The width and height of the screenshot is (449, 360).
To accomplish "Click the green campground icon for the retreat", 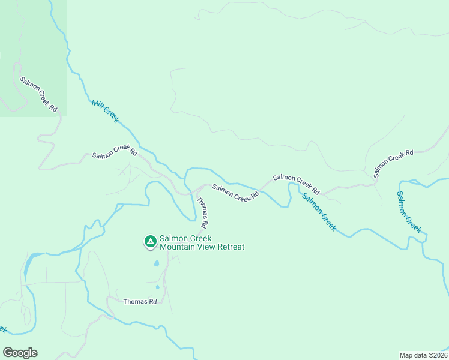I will click(150, 242).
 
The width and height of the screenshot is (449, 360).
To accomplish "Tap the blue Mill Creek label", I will click(106, 112).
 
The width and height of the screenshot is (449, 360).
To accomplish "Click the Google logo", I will click(20, 353).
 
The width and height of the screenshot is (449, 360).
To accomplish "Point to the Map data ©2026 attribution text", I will click(423, 355).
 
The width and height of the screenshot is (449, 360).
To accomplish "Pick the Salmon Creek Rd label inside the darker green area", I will click(38, 94).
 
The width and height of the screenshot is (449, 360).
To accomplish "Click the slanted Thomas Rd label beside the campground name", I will click(202, 212).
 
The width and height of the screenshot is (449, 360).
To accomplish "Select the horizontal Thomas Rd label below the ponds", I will click(140, 302).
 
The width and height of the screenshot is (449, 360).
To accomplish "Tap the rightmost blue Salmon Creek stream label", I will click(409, 212).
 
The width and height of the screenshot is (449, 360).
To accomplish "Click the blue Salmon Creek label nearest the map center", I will click(319, 212).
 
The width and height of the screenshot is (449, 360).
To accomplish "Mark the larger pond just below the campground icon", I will click(156, 263).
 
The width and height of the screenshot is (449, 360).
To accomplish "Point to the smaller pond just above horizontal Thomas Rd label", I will click(158, 287).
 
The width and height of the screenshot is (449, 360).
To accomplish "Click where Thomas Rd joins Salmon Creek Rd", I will click(193, 193).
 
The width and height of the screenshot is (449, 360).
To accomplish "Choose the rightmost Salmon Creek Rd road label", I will click(394, 163).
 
